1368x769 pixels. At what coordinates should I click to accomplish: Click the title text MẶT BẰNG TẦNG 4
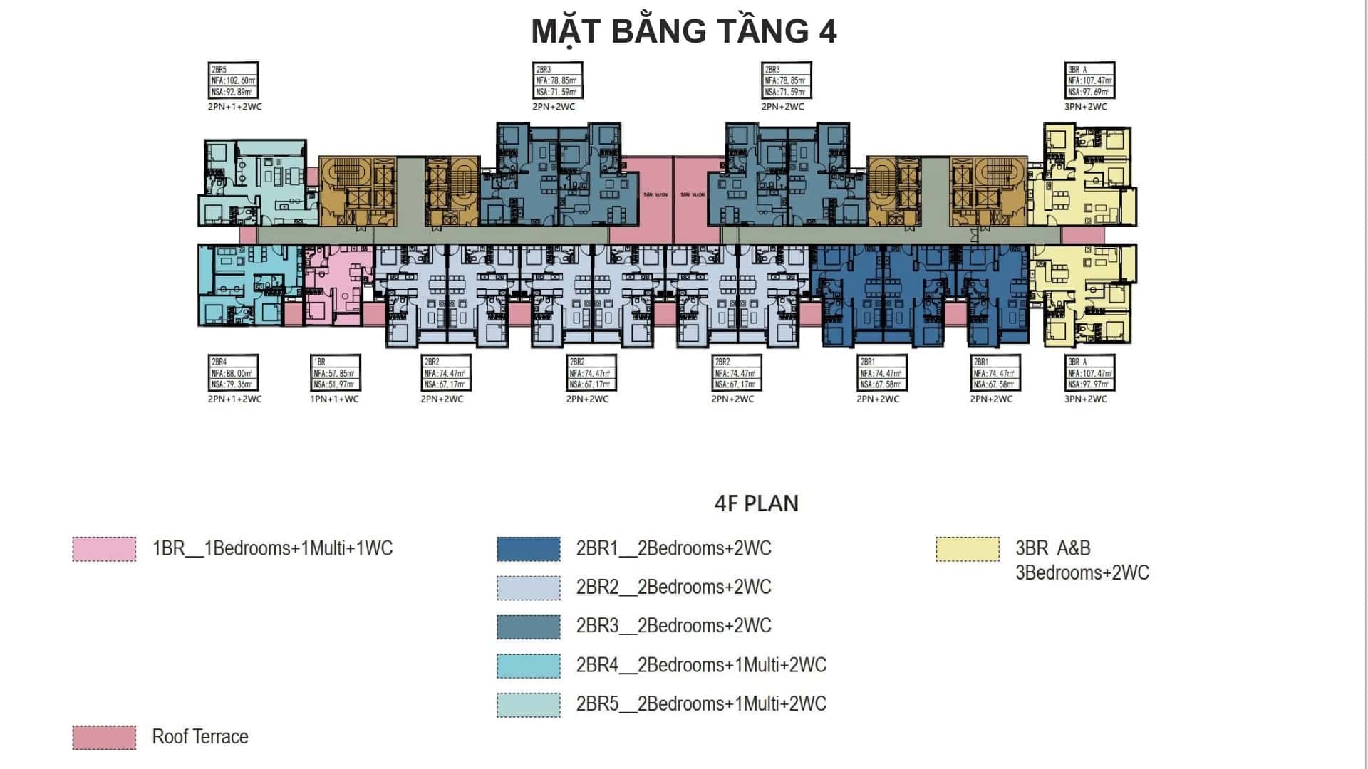tap(684, 31)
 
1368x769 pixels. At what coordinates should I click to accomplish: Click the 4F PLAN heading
tap(756, 503)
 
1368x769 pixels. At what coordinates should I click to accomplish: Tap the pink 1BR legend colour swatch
tap(104, 549)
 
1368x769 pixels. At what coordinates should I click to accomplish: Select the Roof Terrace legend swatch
tap(104, 737)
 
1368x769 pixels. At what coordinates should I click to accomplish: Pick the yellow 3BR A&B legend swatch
tap(968, 549)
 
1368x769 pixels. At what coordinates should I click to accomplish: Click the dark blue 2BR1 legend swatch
tap(529, 549)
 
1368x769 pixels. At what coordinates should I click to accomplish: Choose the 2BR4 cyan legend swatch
tap(529, 665)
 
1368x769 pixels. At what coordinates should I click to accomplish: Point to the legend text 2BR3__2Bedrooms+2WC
tap(673, 626)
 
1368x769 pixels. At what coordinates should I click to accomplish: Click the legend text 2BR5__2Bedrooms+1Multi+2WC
tap(701, 704)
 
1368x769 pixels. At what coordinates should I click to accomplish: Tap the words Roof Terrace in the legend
tap(200, 737)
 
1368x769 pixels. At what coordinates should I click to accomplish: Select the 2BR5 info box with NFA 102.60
tap(233, 80)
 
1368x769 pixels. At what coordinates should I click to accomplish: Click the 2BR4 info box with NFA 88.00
tap(233, 373)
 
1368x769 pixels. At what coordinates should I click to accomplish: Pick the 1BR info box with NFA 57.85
tap(335, 373)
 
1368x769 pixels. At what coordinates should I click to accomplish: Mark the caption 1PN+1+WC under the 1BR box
tap(334, 399)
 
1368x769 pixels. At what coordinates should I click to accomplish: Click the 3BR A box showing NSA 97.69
tap(1089, 80)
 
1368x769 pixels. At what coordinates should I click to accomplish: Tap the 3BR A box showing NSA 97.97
tap(1089, 373)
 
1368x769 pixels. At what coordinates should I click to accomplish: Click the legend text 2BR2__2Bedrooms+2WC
tap(673, 587)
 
